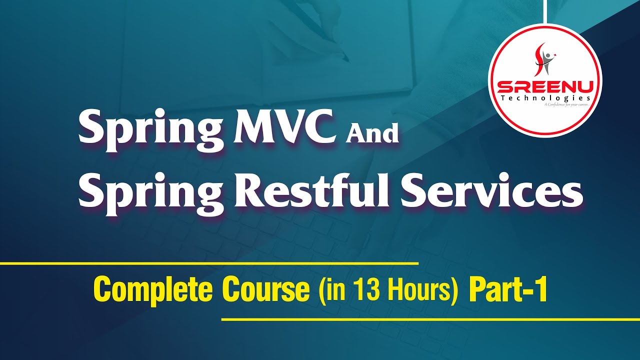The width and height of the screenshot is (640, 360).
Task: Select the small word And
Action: click(x=373, y=134)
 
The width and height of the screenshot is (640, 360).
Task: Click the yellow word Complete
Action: click(x=153, y=290)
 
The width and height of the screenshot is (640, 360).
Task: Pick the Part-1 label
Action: click(x=507, y=290)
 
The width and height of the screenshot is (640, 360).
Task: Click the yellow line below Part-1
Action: click(x=430, y=318)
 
